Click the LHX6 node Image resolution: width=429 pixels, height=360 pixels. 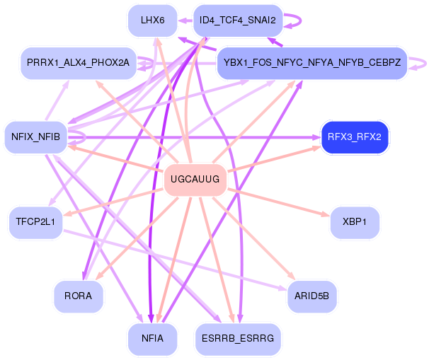[153, 21]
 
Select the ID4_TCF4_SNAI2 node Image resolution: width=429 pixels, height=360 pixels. [239, 21]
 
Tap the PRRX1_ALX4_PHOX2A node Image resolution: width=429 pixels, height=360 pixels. [78, 64]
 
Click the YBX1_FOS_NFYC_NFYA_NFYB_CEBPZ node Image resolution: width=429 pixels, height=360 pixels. [312, 64]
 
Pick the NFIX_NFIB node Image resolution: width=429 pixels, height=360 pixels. [35, 134]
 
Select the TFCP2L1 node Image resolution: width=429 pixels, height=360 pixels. [35, 222]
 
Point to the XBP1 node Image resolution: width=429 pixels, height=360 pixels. [355, 222]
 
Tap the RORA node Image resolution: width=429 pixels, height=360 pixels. [78, 296]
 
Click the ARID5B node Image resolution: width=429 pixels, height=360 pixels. [312, 296]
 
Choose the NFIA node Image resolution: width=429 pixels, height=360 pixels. [153, 339]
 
